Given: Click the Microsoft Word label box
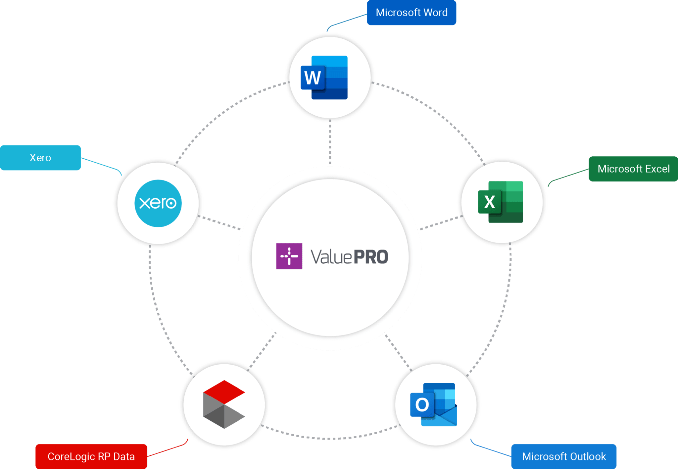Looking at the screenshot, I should point(411,13).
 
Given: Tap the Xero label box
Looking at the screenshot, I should point(40,158).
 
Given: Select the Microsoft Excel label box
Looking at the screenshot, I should point(633,169).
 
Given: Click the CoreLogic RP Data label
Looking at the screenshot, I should point(91,456).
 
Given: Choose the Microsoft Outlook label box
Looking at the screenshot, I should point(563,456).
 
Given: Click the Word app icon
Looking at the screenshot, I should point(324,78).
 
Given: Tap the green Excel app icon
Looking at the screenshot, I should point(500,202).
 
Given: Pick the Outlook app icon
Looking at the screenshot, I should point(433,404).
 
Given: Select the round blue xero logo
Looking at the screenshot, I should point(158,203).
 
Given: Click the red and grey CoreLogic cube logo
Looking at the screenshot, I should point(224,404).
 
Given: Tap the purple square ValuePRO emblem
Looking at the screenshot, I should point(289,256).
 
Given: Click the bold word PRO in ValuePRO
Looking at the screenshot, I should point(371,257).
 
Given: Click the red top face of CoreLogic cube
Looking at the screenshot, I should point(224,391).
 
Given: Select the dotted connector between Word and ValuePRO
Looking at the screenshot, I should point(330,142).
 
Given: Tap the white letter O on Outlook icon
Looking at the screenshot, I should point(422,404).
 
